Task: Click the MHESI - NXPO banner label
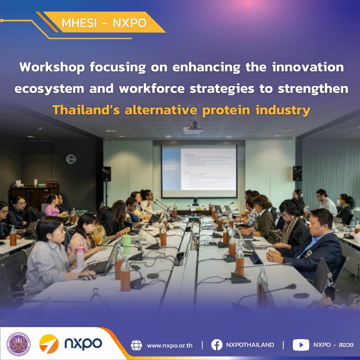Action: (x=104, y=23)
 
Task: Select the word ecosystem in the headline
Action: (x=49, y=89)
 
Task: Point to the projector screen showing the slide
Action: (x=199, y=171)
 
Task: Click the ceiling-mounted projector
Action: (x=193, y=128)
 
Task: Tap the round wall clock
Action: (x=71, y=159)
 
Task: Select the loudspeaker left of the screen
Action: (x=107, y=174)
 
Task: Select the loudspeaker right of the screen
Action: (x=297, y=173)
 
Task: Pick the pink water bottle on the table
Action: (x=80, y=258)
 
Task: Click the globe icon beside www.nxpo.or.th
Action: (x=136, y=345)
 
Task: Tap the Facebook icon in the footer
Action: (x=217, y=345)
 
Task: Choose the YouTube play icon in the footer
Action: (x=301, y=345)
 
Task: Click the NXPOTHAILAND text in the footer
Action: (x=250, y=345)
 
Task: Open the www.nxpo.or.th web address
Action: (x=170, y=345)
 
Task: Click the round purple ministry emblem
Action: (x=19, y=344)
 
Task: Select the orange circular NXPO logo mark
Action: (x=49, y=344)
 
